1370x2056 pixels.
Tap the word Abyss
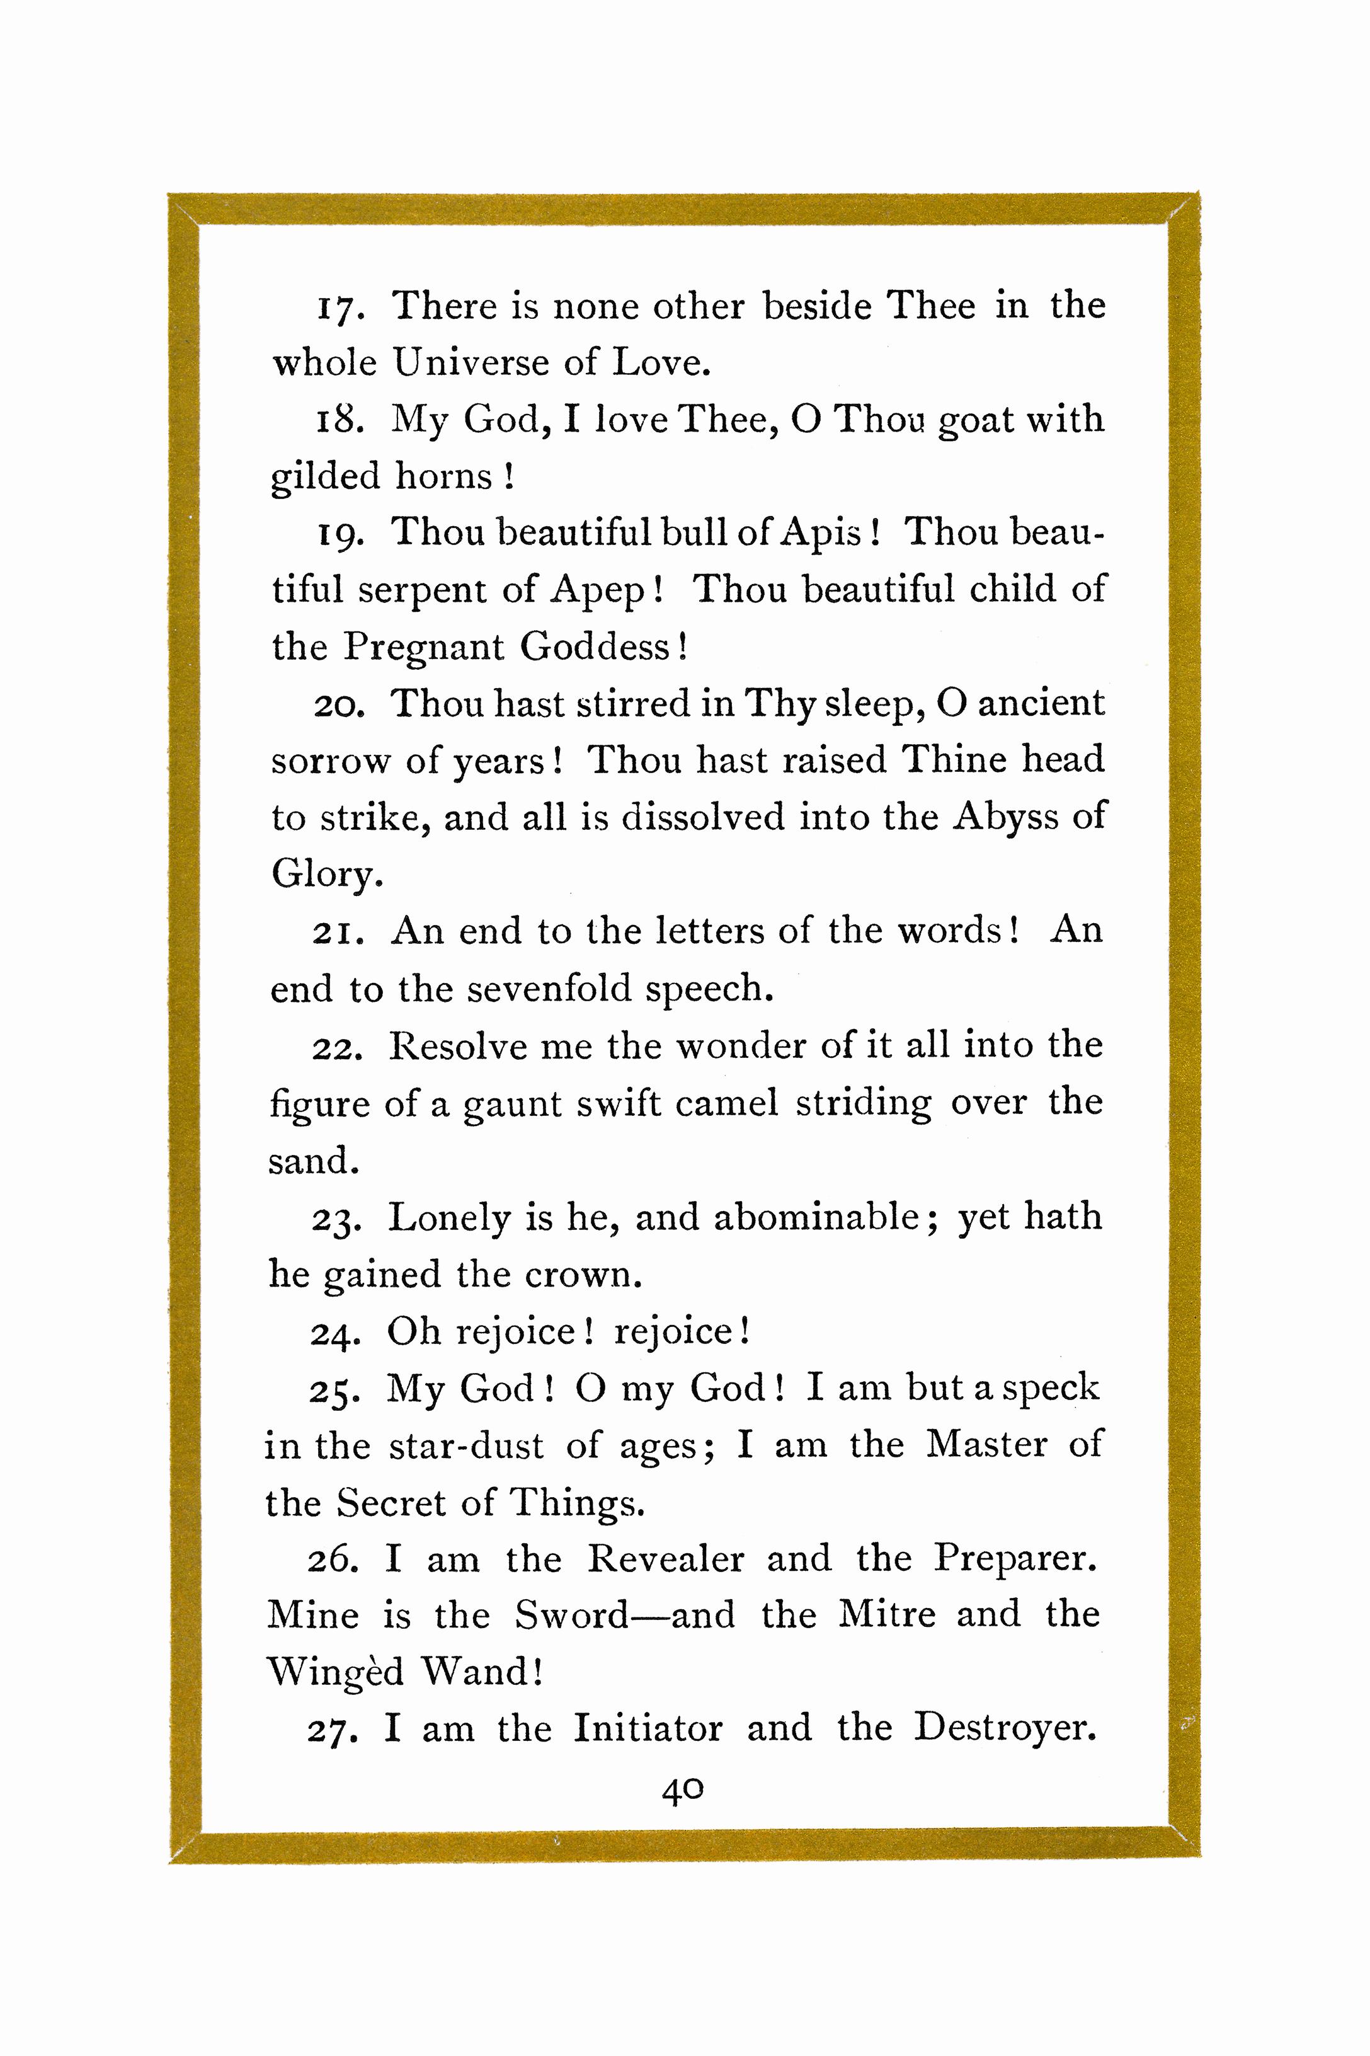tap(1005, 817)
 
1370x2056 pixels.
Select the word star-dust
tap(465, 1446)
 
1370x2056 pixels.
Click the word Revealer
tap(665, 1559)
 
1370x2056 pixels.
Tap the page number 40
tap(682, 1789)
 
